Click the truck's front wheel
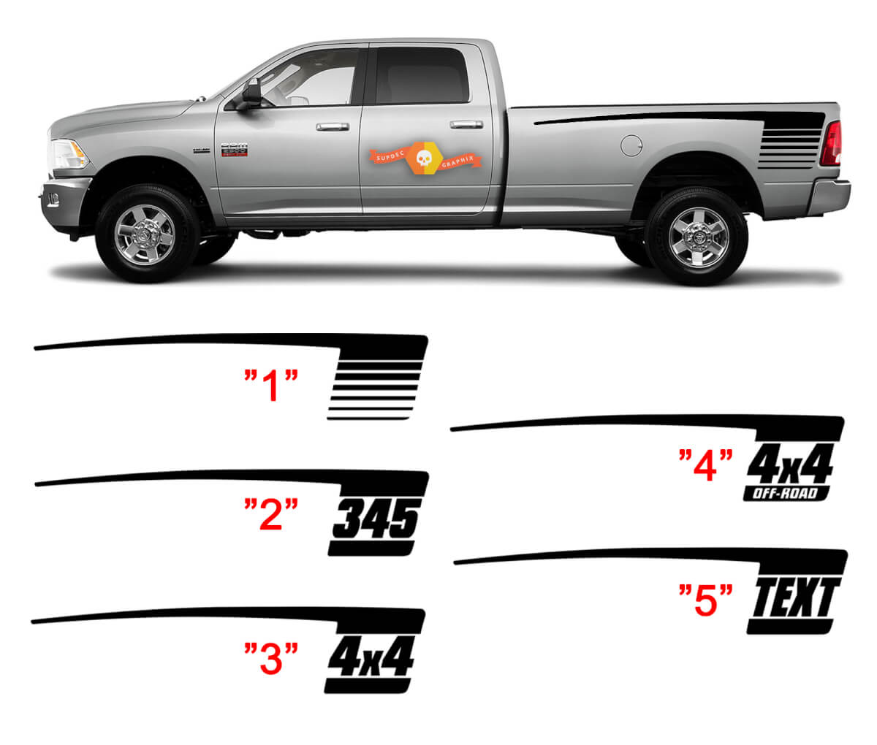tap(145, 234)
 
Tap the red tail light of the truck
tap(830, 143)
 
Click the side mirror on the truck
tap(251, 92)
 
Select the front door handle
tap(332, 126)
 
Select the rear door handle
tap(466, 124)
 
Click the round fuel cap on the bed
tap(631, 145)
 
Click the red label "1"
tap(271, 386)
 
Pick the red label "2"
tap(271, 515)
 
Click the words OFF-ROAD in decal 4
tap(786, 494)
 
